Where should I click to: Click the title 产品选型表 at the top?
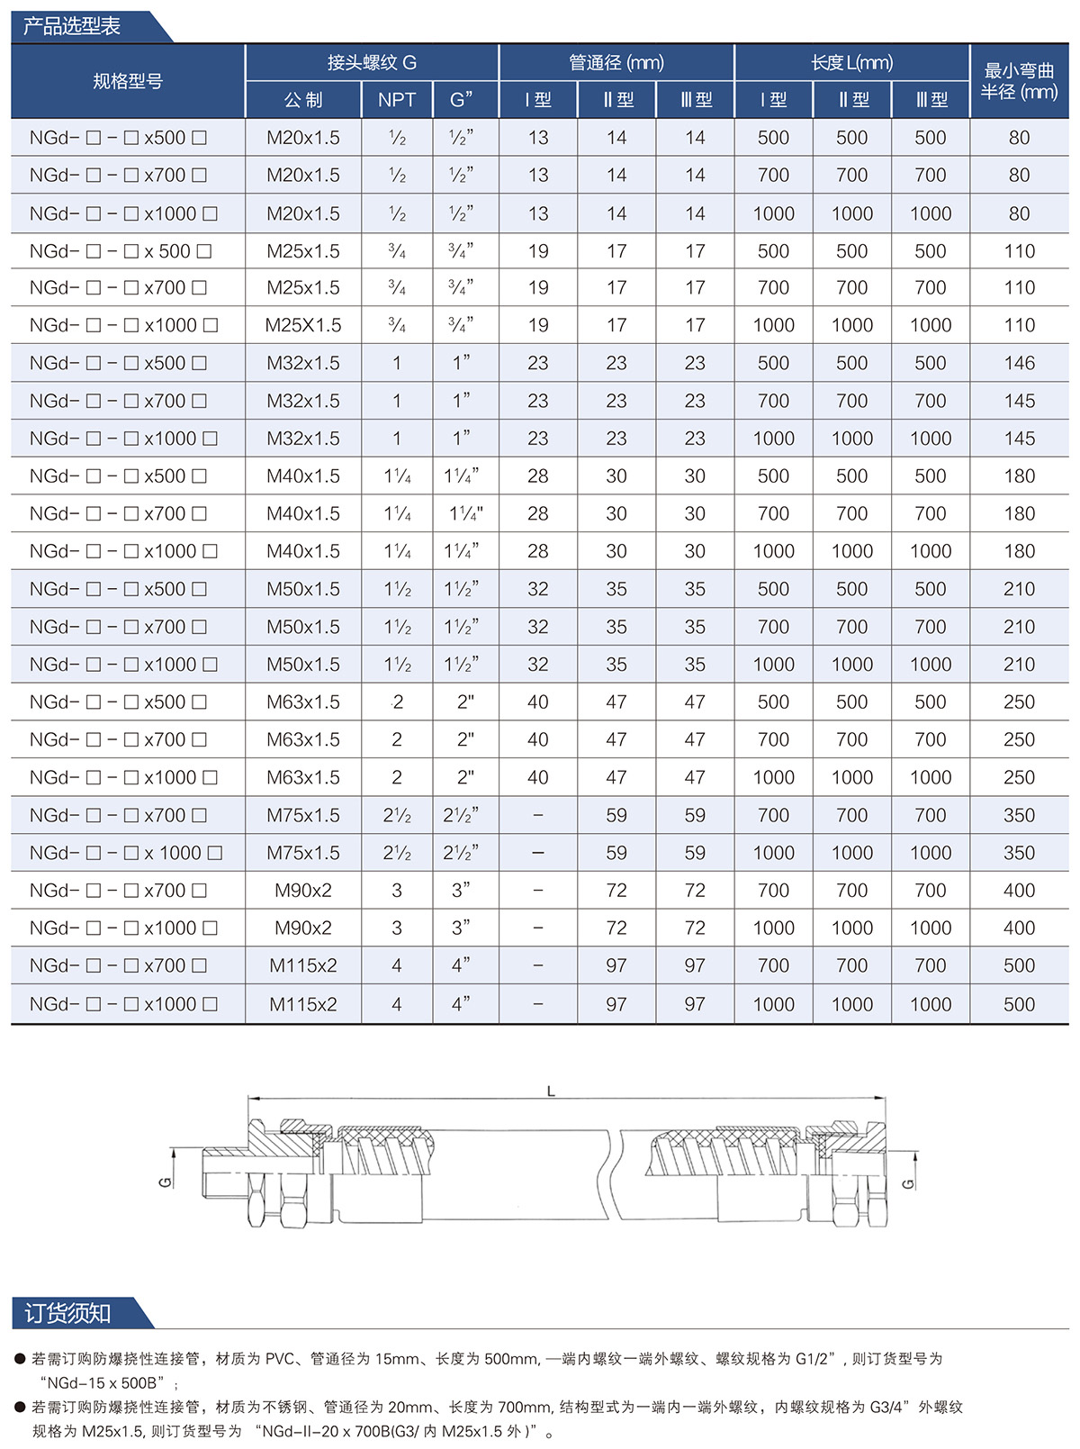72,26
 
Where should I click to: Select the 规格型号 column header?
128,81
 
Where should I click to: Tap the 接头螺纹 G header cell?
372,62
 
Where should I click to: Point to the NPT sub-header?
397,100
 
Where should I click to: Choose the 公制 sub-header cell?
303,100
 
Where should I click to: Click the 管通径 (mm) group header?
616,62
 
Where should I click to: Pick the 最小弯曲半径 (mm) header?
1019,81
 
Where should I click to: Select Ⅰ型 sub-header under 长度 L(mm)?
773,100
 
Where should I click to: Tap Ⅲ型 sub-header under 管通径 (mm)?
695,100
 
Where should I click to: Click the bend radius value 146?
1019,363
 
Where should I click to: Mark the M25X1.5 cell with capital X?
303,325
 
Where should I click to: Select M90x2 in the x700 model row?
303,891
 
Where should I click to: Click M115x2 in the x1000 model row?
303,1004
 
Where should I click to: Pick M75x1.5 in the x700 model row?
303,815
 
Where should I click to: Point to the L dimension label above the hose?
551,1091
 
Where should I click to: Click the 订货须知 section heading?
67,1313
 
